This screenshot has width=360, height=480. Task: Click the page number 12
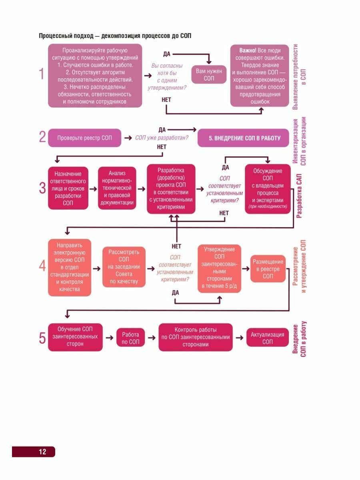(42, 452)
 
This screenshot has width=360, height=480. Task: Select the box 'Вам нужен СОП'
(209, 75)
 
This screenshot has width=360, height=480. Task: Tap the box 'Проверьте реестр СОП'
(84, 138)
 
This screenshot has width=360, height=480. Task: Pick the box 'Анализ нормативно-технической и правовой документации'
(117, 188)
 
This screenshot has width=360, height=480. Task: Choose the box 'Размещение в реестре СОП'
(268, 269)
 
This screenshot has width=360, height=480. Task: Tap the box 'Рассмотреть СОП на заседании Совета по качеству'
(124, 267)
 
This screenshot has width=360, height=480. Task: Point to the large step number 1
(41, 75)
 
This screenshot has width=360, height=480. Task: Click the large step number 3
(42, 188)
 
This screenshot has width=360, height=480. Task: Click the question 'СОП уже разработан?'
(162, 138)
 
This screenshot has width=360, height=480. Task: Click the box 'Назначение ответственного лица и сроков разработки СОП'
(68, 188)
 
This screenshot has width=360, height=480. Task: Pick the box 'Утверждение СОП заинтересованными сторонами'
(220, 268)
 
